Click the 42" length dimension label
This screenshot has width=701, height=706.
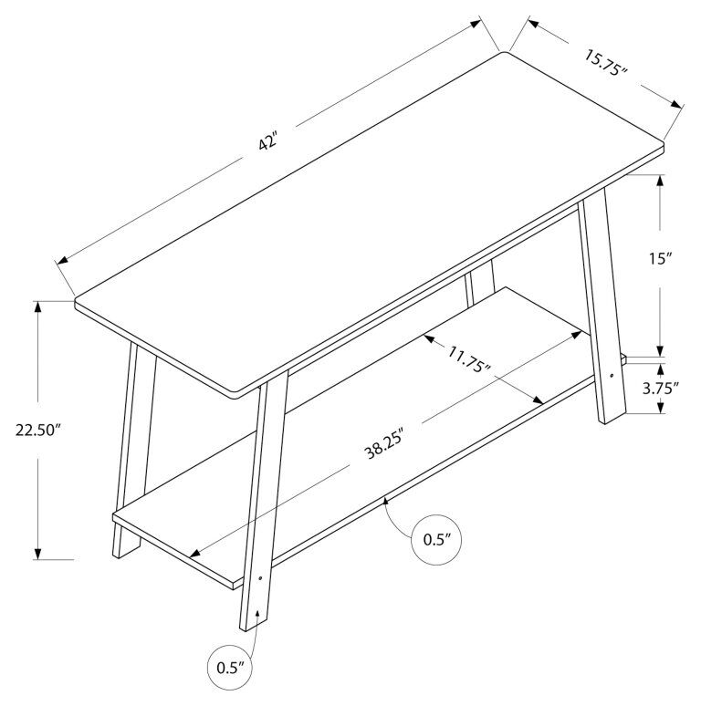click(x=267, y=144)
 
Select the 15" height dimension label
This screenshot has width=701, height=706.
click(x=660, y=258)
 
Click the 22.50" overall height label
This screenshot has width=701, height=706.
click(x=37, y=430)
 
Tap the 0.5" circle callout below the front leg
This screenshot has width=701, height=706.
click(x=232, y=667)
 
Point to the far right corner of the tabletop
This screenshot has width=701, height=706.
click(x=661, y=145)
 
